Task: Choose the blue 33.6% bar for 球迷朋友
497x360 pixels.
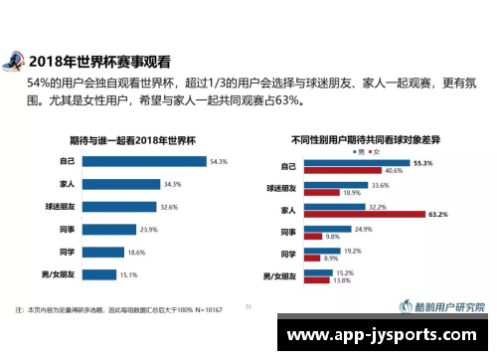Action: coord(334,185)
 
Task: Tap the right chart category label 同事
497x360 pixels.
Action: coord(288,232)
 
